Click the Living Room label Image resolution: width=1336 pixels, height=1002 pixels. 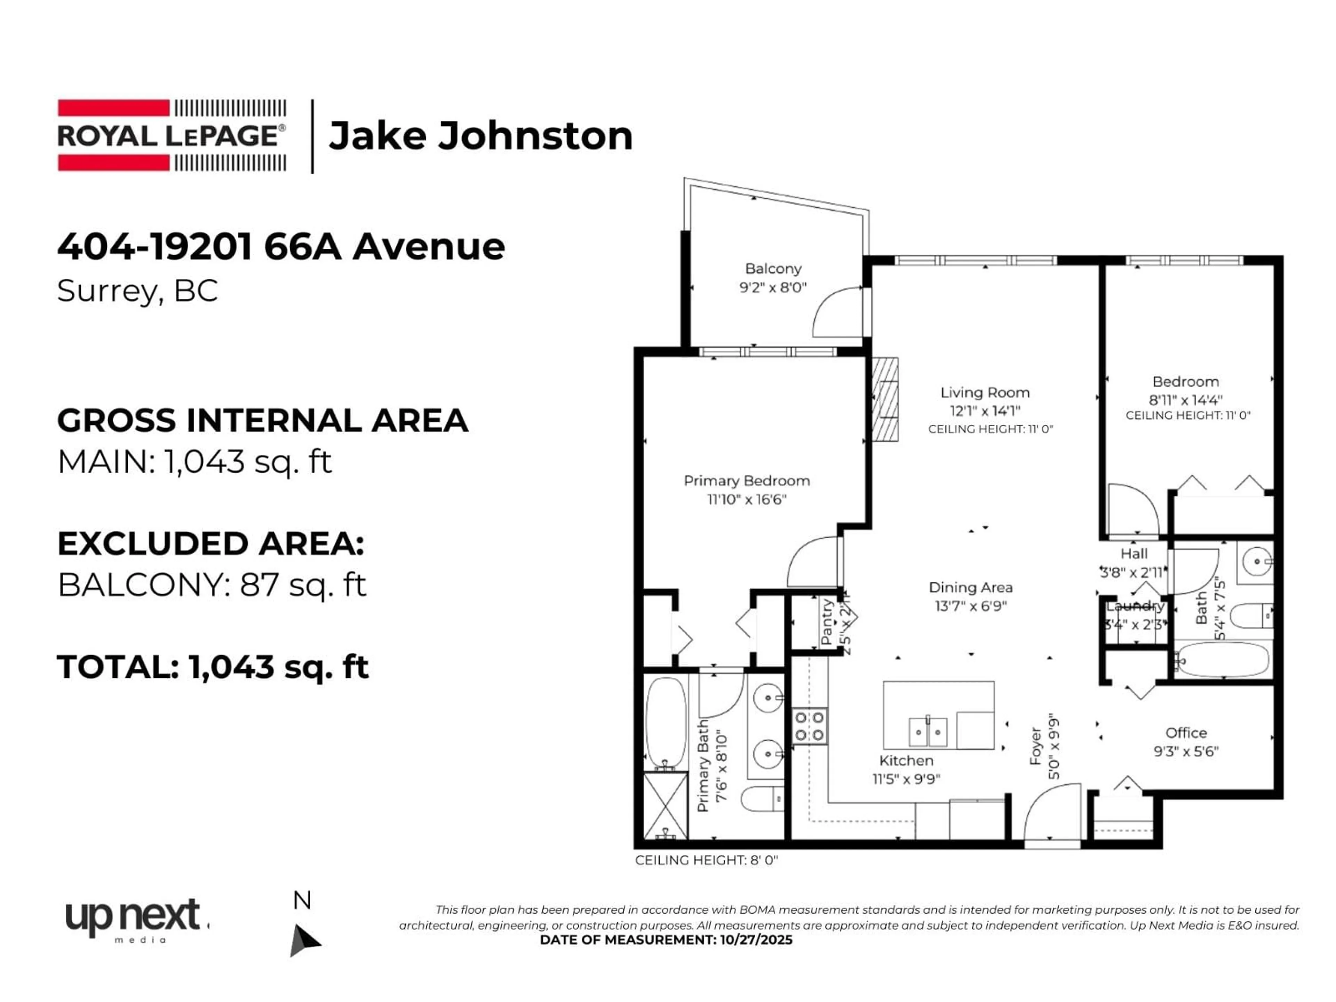pyautogui.click(x=985, y=392)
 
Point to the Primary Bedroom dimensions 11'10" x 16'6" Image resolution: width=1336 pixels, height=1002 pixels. pyautogui.click(x=747, y=500)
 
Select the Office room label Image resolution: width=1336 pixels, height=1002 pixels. pyautogui.click(x=1186, y=733)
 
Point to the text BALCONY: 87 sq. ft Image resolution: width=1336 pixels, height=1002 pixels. pyautogui.click(x=212, y=584)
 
